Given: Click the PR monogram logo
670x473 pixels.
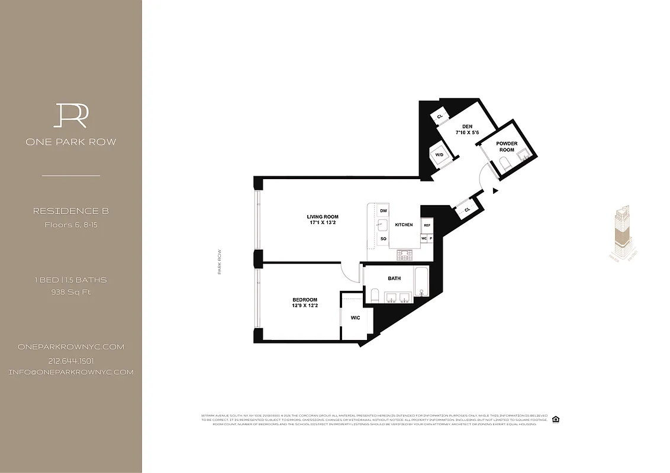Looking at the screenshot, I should [71, 115].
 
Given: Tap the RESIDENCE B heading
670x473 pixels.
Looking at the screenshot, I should [71, 211].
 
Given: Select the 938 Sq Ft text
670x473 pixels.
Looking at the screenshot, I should [71, 291].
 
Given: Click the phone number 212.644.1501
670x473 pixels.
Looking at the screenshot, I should [71, 361].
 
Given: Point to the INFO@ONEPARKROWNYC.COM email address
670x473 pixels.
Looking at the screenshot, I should [71, 372].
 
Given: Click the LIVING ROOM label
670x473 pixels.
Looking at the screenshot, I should [323, 217].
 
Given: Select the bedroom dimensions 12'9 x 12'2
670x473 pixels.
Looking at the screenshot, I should [305, 306].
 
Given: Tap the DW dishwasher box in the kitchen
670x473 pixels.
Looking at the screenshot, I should [384, 211].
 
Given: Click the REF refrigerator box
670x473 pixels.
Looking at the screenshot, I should [427, 225].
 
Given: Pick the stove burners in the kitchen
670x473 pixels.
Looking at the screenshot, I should [406, 255].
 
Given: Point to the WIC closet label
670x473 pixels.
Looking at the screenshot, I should [355, 318].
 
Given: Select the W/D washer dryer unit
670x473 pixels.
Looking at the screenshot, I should [439, 155].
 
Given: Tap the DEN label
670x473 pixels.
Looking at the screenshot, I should [467, 127].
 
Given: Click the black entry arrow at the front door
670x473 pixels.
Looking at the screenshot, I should [495, 190].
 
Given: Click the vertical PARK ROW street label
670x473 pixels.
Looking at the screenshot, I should [220, 262].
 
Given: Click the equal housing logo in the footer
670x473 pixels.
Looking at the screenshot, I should [555, 420].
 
